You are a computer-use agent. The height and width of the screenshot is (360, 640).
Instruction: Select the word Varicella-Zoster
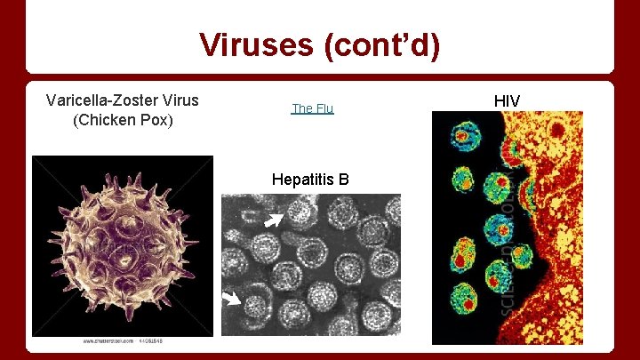[x=100, y=100]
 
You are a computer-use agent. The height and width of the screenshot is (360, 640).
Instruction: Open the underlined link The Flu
[x=312, y=108]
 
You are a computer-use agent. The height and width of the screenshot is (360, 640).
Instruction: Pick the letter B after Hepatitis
[x=343, y=180]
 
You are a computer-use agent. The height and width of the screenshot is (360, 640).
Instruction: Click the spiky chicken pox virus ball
[x=122, y=246]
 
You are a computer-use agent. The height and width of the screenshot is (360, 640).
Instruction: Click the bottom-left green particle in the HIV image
[x=462, y=294]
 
